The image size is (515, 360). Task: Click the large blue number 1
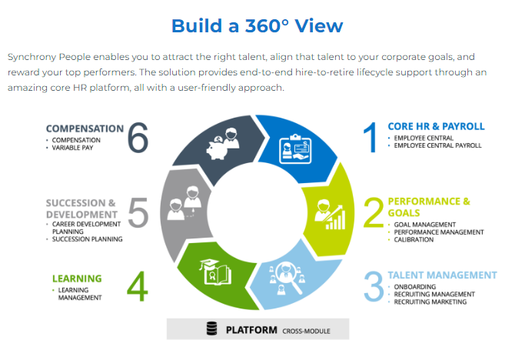point(370,137)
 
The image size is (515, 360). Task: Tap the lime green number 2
point(374,212)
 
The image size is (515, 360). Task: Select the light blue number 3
point(374,286)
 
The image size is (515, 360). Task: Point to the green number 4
point(138,286)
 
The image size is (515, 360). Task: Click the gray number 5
point(138,212)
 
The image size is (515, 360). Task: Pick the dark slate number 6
point(138,138)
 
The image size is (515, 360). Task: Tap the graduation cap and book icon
point(215,272)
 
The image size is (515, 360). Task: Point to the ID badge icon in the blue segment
point(295,148)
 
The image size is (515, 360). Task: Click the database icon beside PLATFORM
point(212,328)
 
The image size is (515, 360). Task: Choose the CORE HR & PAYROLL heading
point(436,126)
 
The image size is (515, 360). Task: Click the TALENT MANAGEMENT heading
point(443,275)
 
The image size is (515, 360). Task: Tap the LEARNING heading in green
point(77,278)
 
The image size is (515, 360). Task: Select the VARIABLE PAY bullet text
point(72,148)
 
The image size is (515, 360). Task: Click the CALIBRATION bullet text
point(414,240)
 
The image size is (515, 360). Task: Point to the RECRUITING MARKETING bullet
point(430,302)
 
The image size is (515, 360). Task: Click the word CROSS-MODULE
point(306,331)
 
